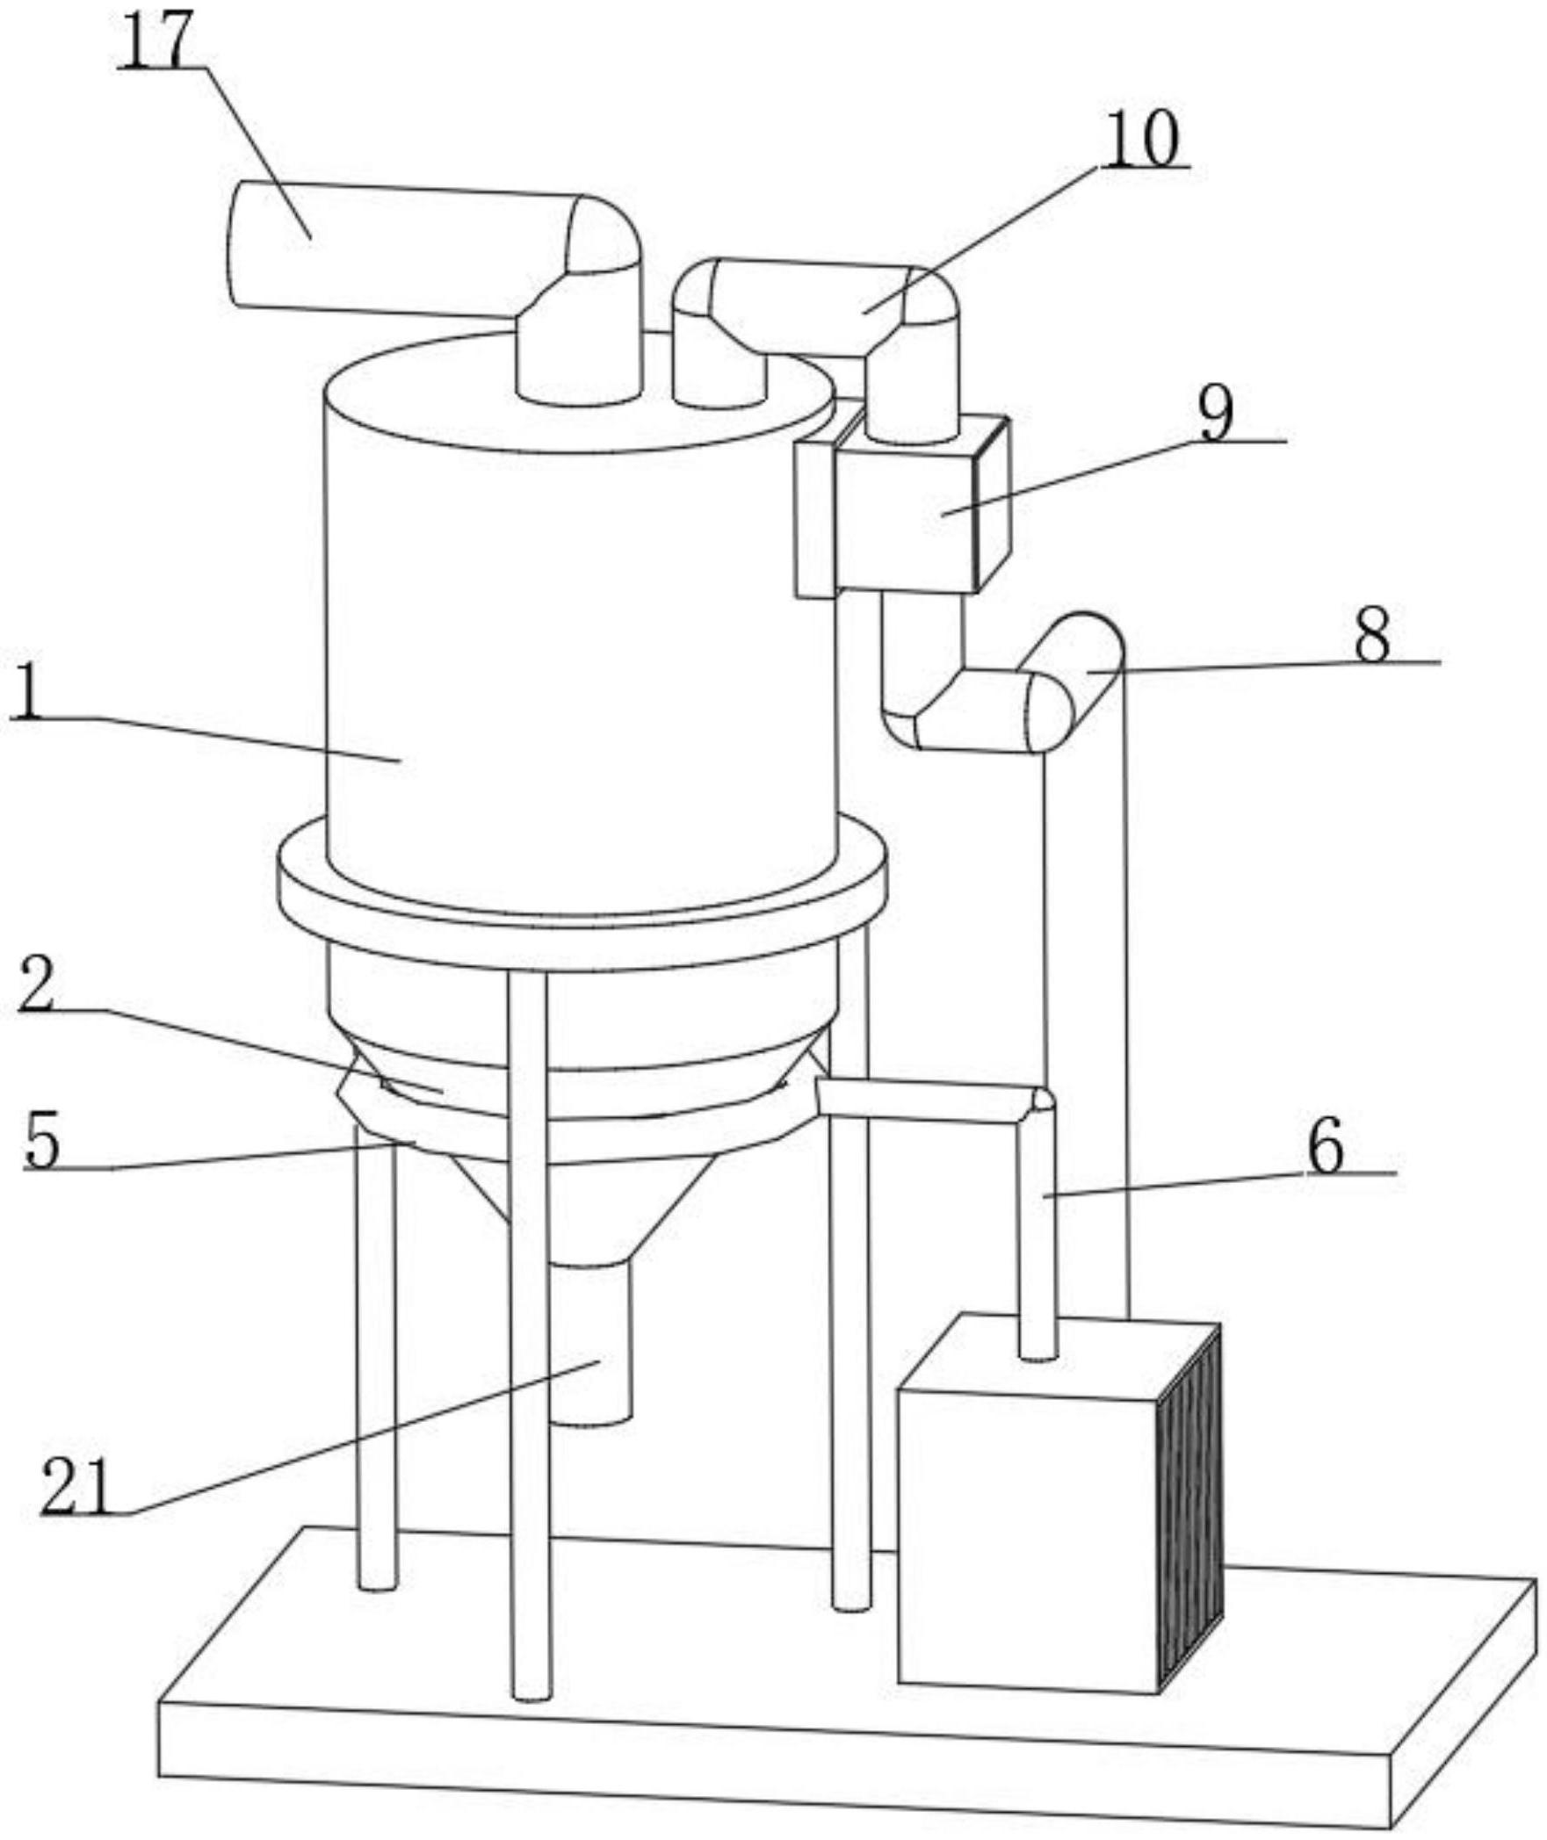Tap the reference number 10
pos(1141,138)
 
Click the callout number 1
pos(28,691)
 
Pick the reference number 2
pos(36,984)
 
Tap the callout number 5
pos(41,1141)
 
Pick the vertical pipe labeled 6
pos(1037,1230)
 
